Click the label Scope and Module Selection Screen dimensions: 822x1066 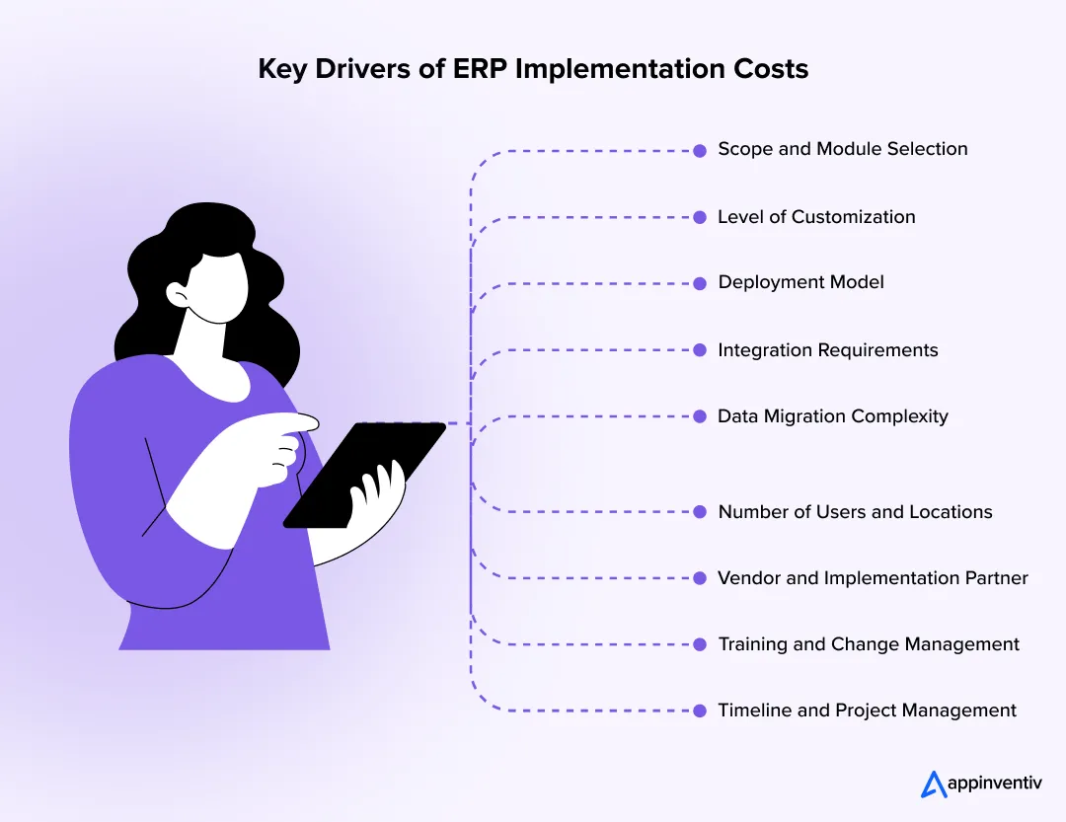(x=842, y=150)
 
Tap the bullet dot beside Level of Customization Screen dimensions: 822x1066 (x=700, y=217)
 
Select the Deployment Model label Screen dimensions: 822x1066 (x=800, y=283)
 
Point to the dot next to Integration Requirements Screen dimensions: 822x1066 (x=700, y=350)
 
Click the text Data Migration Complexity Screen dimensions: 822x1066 (x=832, y=416)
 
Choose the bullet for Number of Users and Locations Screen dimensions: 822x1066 (x=700, y=512)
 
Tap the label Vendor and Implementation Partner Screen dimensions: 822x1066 (x=873, y=578)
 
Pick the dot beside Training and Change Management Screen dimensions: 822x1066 (x=700, y=644)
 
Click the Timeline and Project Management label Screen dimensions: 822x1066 (x=867, y=710)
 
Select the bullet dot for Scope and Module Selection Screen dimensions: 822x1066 (x=700, y=151)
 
